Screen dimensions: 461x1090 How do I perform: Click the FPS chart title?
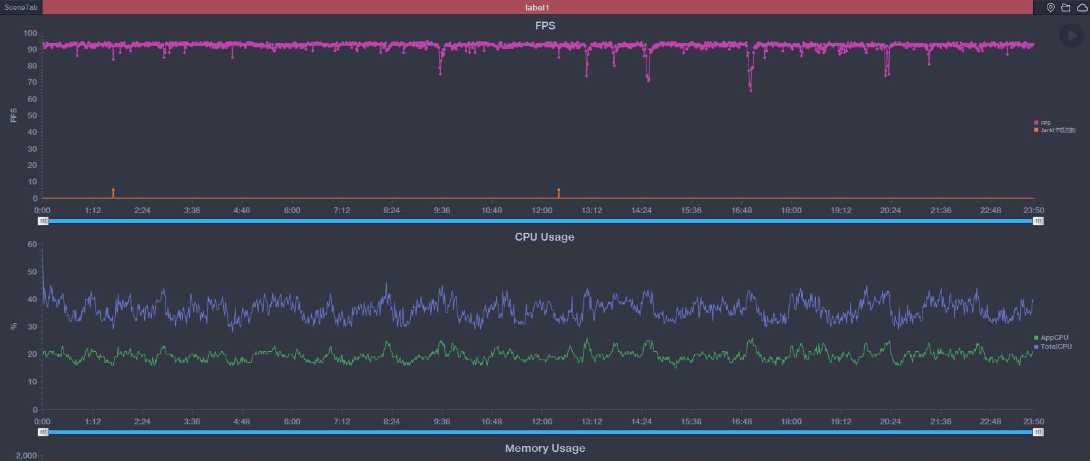pyautogui.click(x=545, y=26)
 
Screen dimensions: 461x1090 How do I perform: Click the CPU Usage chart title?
pyautogui.click(x=544, y=237)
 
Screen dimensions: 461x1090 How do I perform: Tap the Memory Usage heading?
pyautogui.click(x=545, y=448)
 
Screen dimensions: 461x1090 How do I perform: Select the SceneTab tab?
pyautogui.click(x=21, y=7)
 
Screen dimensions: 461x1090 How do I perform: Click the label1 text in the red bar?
pyautogui.click(x=537, y=7)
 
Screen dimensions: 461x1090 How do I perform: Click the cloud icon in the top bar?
pyautogui.click(x=1081, y=7)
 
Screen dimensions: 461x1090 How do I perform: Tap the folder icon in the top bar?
pyautogui.click(x=1066, y=7)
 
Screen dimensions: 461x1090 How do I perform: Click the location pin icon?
pyautogui.click(x=1051, y=7)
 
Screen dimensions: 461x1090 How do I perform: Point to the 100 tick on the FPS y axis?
pyautogui.click(x=30, y=33)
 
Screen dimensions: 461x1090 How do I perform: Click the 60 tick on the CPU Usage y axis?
pyautogui.click(x=32, y=245)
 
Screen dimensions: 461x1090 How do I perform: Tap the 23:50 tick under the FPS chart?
pyautogui.click(x=1034, y=211)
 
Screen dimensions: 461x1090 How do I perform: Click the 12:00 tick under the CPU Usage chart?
pyautogui.click(x=542, y=422)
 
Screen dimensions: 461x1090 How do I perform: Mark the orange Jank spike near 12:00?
pyautogui.click(x=559, y=191)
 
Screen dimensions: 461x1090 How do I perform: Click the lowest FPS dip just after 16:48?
pyautogui.click(x=750, y=90)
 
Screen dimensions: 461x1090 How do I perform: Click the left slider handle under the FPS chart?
pyautogui.click(x=43, y=221)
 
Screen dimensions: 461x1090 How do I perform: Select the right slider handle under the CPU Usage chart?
pyautogui.click(x=1038, y=432)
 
